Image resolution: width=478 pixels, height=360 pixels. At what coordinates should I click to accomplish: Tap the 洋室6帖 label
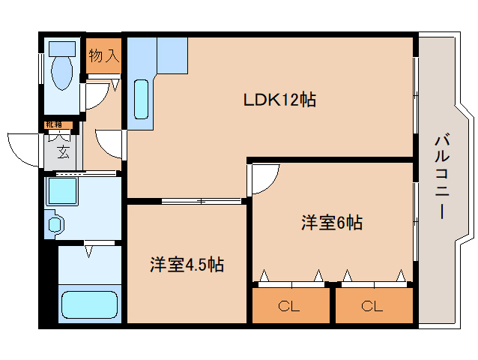point(331,223)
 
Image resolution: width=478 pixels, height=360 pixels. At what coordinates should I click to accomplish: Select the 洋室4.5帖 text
point(187,265)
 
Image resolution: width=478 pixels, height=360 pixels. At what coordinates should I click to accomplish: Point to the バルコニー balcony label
point(441,177)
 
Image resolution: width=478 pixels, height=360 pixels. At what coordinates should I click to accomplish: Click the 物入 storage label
point(103,55)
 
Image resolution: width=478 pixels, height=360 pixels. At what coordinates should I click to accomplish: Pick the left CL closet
point(290,306)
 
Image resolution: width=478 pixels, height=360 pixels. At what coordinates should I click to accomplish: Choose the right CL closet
point(372,306)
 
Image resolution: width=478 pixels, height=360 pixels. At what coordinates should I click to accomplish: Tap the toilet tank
point(59,49)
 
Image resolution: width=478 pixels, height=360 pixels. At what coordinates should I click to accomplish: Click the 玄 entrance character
point(63,153)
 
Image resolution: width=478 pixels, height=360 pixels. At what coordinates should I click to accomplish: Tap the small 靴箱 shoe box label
point(55,124)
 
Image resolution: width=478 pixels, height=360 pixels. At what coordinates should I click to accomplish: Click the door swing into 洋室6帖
point(264,178)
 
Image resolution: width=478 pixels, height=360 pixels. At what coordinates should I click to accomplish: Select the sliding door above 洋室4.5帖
point(201,200)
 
